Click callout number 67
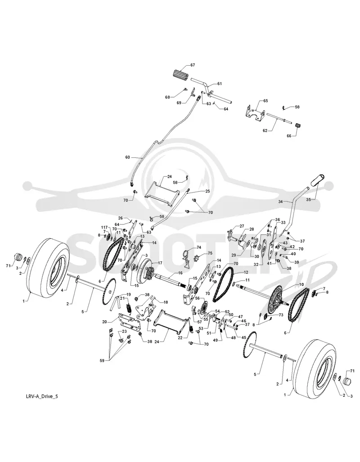193,65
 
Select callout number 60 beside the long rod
127,157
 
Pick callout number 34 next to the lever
281,202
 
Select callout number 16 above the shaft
180,273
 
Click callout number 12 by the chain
246,272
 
